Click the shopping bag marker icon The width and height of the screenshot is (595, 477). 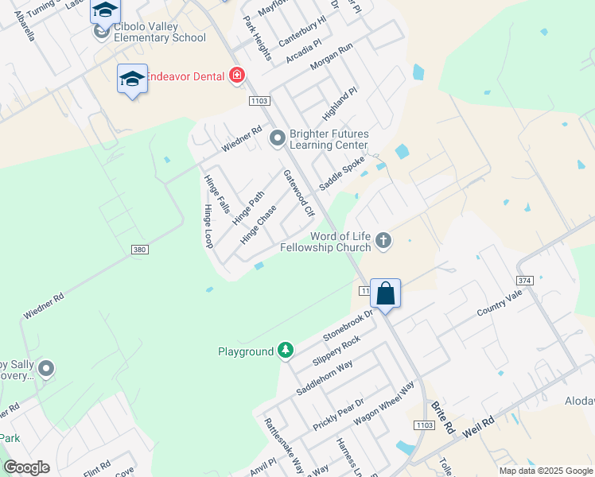(x=385, y=293)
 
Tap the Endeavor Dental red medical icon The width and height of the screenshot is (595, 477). (x=236, y=76)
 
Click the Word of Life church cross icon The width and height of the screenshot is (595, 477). (x=383, y=240)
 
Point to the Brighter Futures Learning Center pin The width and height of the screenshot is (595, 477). (x=278, y=139)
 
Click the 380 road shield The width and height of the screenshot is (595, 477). (x=140, y=250)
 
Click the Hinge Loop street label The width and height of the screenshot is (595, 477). (x=208, y=227)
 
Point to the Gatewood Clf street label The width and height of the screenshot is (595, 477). (x=299, y=193)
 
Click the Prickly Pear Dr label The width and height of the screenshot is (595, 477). (x=337, y=414)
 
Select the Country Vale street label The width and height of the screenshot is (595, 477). (x=499, y=303)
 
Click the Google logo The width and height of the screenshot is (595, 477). (x=26, y=467)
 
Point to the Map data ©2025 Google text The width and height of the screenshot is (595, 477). (x=545, y=471)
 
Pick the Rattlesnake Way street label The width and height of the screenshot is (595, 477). (x=283, y=444)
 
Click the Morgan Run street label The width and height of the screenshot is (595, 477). (x=330, y=57)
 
